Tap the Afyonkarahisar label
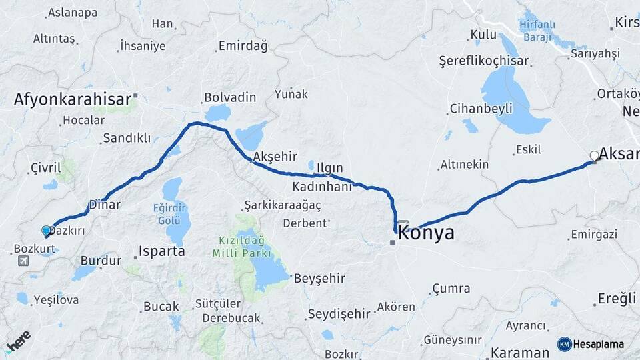(x=73, y=99)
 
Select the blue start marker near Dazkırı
(x=46, y=231)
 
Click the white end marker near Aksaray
(x=594, y=156)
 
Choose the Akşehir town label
(x=275, y=157)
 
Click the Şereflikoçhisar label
(x=483, y=61)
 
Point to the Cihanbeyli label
(x=481, y=108)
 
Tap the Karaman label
(x=519, y=352)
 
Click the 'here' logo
(x=18, y=341)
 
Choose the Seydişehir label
(x=339, y=313)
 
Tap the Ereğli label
(x=617, y=298)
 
